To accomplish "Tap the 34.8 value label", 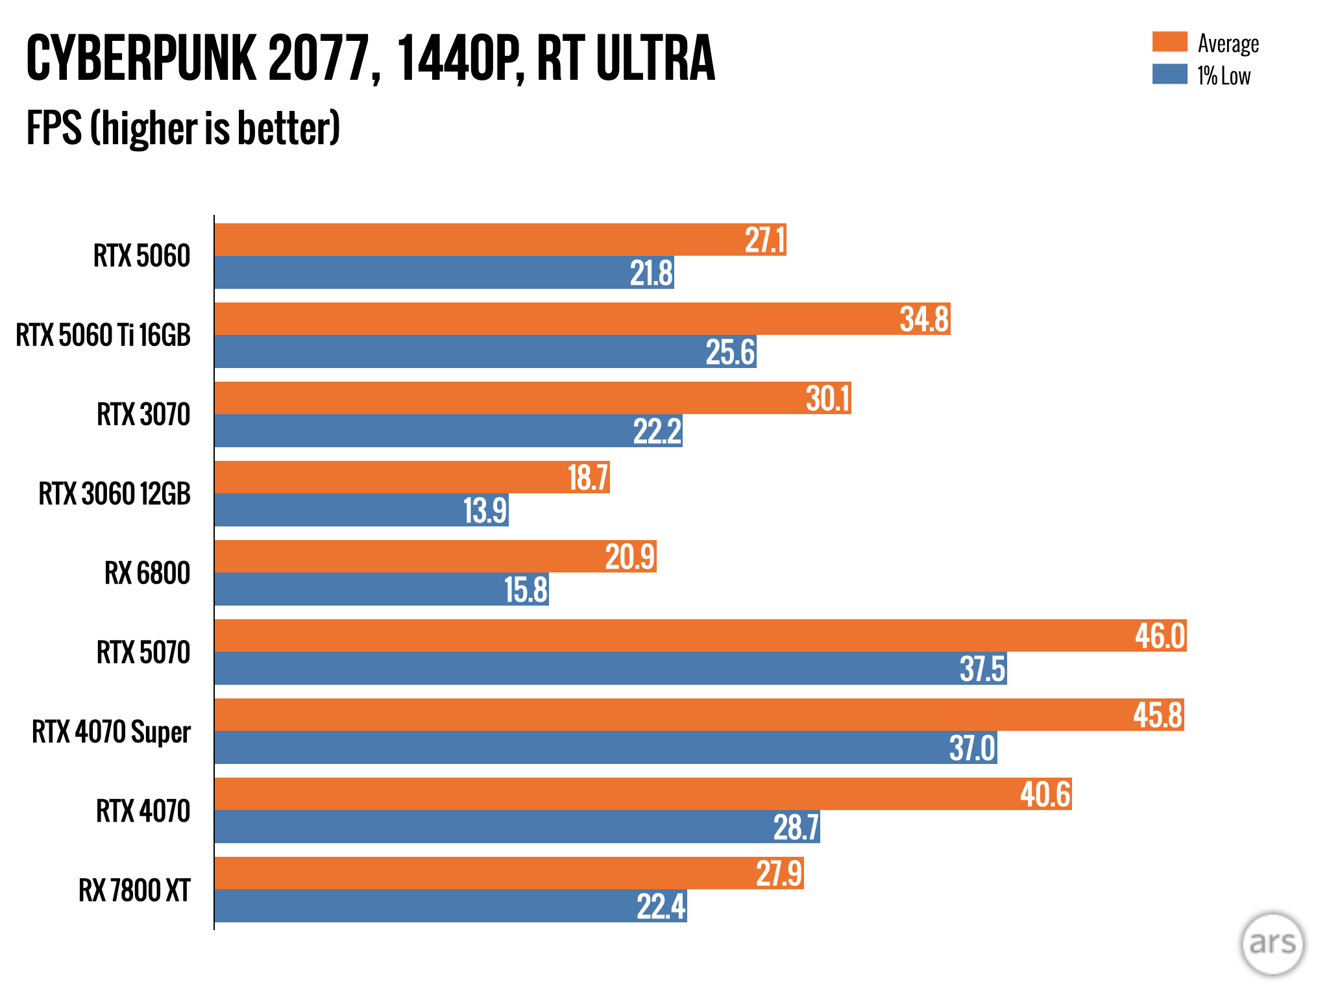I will coord(924,319).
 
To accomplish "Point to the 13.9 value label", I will coord(485,511).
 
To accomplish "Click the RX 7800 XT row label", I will coord(134,890).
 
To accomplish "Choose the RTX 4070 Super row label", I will coord(111,732).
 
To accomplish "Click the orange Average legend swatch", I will coord(1169,42).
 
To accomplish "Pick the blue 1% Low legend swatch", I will coord(1169,74).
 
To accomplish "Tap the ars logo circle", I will coord(1272,943).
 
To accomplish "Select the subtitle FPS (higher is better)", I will coord(183,128).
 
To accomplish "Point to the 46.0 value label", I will coord(1160,636).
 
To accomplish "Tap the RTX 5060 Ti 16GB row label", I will coord(103,336).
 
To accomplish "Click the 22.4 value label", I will coord(661,907).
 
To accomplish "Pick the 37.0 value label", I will coord(972,748).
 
